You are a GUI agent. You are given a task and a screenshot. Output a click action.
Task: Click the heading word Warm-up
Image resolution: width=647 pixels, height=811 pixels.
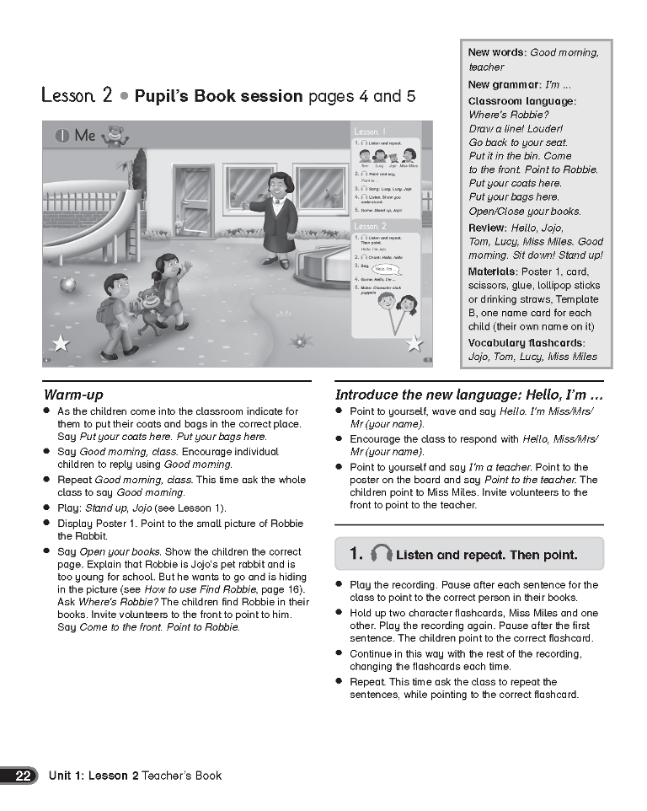click(73, 395)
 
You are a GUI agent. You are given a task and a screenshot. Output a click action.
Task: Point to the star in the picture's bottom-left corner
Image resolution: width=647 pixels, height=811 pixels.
click(61, 343)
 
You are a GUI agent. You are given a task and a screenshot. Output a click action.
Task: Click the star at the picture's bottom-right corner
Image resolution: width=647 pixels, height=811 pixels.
click(414, 343)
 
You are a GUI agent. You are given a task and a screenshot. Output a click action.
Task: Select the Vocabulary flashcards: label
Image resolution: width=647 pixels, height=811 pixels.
click(527, 342)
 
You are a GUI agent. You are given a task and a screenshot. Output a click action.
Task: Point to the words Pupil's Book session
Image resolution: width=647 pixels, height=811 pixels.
click(218, 96)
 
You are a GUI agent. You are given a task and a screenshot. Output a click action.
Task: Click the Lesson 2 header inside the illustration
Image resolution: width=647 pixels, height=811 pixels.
click(371, 227)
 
